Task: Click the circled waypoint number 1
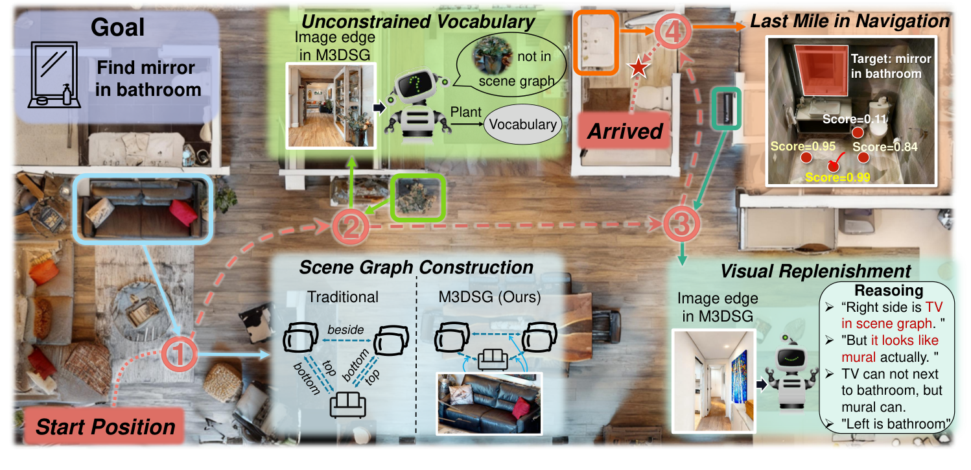(182, 354)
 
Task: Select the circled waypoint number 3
(683, 224)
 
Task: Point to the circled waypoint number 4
(670, 31)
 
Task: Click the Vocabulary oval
(523, 124)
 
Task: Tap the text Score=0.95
(801, 147)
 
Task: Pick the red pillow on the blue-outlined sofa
(183, 213)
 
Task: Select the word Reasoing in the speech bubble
(889, 291)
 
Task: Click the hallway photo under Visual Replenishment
(710, 381)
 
